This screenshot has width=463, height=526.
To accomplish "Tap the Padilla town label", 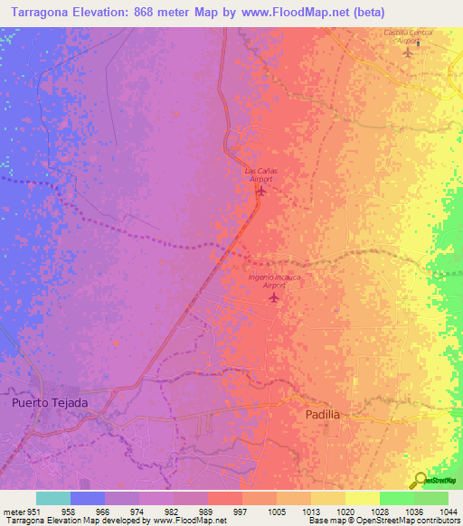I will [x=323, y=413].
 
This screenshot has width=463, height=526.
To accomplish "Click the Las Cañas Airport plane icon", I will [x=262, y=191].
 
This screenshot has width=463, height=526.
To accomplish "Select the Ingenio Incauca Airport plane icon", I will [x=273, y=296].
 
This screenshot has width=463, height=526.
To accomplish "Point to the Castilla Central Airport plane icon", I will [x=407, y=51].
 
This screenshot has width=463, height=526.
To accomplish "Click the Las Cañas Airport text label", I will [x=261, y=174].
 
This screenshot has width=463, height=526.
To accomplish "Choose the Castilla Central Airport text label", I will [x=408, y=36].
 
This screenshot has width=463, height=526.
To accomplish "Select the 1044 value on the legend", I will [x=447, y=512].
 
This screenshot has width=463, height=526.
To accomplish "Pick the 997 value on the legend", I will [x=241, y=512].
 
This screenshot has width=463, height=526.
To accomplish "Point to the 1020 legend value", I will [x=344, y=512].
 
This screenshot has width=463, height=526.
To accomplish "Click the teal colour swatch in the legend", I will [x=53, y=498].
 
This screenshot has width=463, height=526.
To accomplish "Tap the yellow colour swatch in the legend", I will [x=362, y=498].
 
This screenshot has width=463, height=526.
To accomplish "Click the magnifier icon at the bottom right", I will [x=420, y=481].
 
